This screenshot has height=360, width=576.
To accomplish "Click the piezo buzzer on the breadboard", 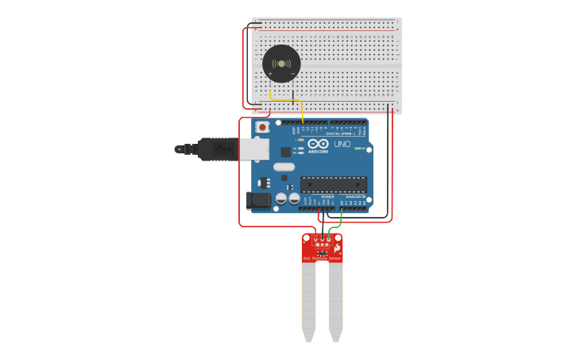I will (281, 64).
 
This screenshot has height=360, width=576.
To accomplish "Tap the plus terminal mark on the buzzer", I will (270, 74).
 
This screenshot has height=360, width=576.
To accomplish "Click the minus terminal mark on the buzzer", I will (292, 74).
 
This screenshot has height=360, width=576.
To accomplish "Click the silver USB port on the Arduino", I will (254, 149).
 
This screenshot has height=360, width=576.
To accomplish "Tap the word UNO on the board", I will (342, 144).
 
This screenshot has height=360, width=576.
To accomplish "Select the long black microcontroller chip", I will (333, 185).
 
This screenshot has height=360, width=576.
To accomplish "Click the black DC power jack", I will (258, 200).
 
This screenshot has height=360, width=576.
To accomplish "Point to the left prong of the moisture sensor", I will (308, 298).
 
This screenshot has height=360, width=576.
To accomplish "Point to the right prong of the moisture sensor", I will (336, 298).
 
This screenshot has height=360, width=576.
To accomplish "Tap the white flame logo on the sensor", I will (337, 248).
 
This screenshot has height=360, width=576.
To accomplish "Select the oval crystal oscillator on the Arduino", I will (284, 167).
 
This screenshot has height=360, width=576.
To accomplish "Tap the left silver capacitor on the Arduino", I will (281, 199).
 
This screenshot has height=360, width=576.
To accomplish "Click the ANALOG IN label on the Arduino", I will (355, 196).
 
